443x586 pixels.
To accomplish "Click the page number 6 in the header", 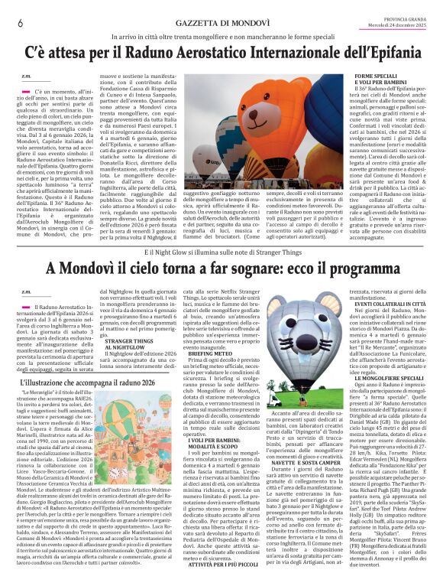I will point(20,23).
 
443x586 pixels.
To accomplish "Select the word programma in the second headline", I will point(357,269).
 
